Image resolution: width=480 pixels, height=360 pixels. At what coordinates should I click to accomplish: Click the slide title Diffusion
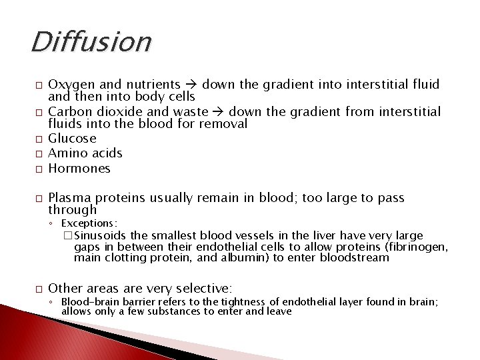(91, 41)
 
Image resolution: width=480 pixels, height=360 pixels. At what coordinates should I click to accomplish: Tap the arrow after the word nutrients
(191, 85)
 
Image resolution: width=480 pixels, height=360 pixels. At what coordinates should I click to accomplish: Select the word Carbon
(69, 111)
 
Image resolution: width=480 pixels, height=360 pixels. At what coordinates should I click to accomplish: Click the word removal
(224, 123)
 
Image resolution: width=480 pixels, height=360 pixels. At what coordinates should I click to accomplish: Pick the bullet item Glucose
(72, 139)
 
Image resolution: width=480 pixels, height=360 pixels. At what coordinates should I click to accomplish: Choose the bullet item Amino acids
(85, 153)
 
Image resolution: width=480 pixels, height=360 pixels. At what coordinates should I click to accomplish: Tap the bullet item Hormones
(79, 169)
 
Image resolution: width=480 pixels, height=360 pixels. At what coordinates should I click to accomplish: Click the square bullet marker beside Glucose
(39, 139)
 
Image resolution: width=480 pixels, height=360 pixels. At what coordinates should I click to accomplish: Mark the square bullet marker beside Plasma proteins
(39, 199)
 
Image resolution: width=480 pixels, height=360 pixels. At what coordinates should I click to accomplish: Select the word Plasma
(69, 198)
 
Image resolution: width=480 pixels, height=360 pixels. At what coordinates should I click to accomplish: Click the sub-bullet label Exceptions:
(89, 223)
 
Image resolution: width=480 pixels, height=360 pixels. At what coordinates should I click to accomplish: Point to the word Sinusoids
(102, 235)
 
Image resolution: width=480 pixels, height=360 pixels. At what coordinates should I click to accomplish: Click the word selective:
(200, 289)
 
